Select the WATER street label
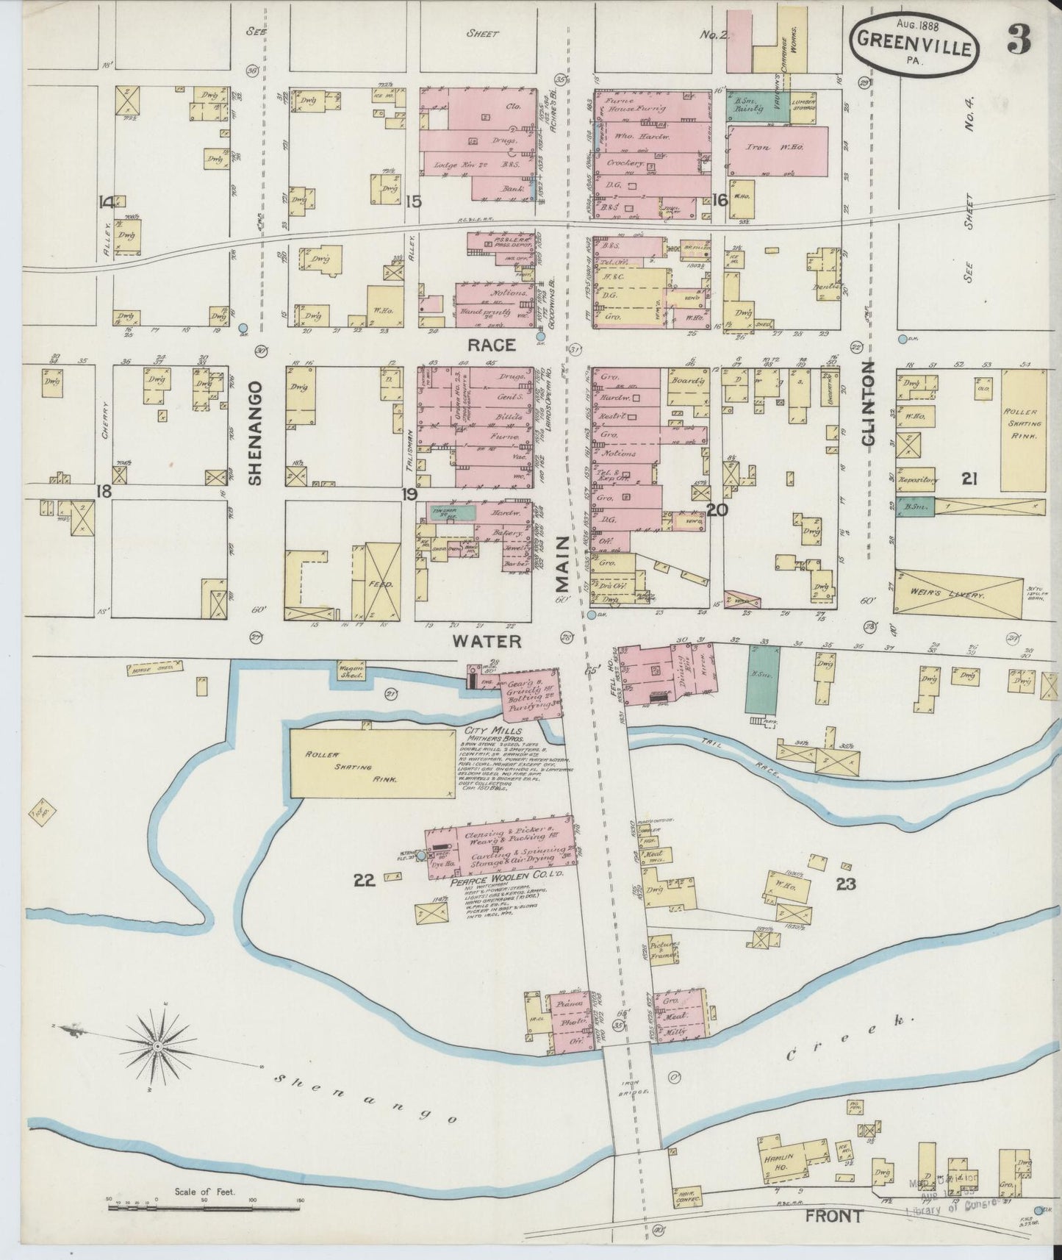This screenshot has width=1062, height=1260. click(487, 641)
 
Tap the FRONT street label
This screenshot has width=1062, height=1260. click(833, 1216)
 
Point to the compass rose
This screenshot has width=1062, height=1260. click(157, 1045)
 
